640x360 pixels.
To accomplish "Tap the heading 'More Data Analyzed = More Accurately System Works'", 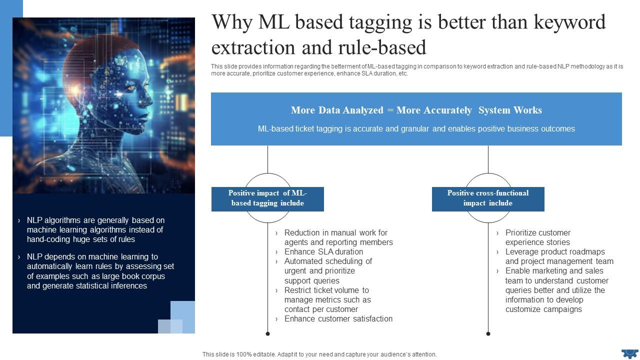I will [x=416, y=110].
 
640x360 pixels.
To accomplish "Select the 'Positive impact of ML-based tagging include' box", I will [x=267, y=198].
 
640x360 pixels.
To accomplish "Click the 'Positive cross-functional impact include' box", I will [x=487, y=198].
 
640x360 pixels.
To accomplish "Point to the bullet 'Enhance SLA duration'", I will [x=323, y=251].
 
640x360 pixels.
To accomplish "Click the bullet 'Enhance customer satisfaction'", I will [x=338, y=318].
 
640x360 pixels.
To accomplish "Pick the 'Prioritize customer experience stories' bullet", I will [x=537, y=237].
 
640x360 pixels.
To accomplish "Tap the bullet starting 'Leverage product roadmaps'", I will [x=558, y=256].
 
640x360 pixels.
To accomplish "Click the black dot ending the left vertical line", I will [x=268, y=333].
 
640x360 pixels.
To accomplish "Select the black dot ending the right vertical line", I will [x=488, y=333].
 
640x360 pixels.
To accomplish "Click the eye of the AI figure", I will [x=131, y=88].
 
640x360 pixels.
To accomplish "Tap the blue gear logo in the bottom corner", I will [x=629, y=353].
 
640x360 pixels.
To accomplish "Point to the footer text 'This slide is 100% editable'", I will [x=319, y=354].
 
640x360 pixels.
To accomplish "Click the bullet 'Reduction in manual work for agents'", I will [x=338, y=237].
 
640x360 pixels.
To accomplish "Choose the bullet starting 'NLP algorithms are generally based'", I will [x=95, y=229].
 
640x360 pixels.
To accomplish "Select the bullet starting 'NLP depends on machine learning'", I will [x=100, y=271].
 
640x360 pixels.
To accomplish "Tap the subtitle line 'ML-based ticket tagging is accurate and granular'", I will [x=416, y=129].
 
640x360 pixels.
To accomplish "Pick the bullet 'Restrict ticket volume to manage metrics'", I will [x=327, y=299].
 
